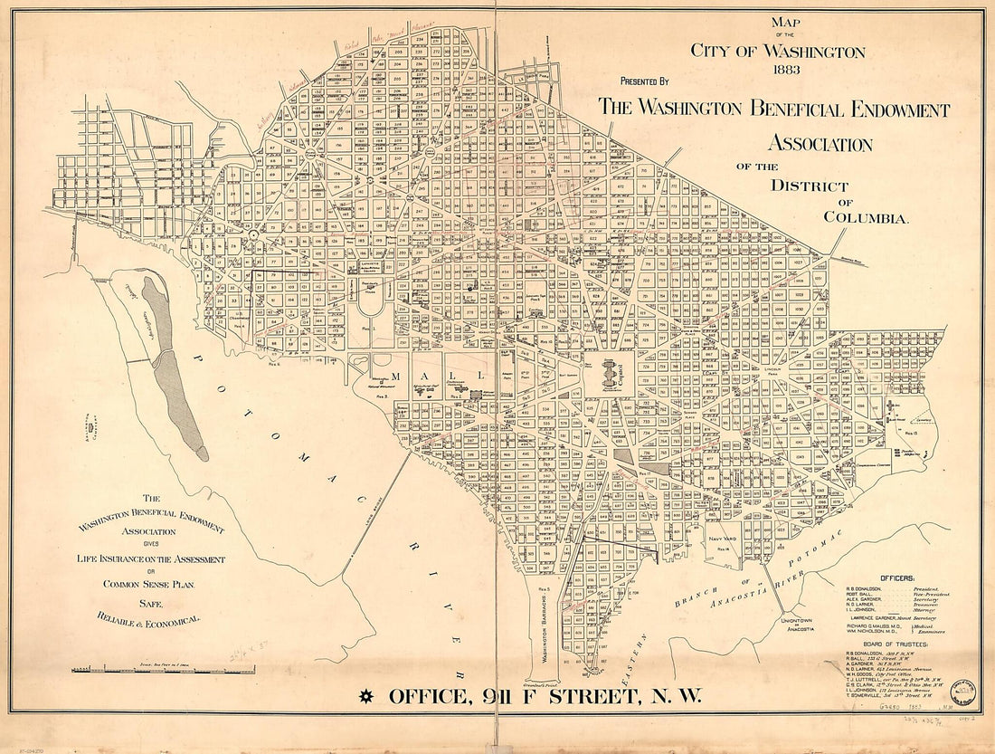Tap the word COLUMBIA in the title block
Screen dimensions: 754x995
point(866,216)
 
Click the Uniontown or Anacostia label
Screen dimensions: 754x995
point(799,625)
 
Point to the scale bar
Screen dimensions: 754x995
point(163,670)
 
